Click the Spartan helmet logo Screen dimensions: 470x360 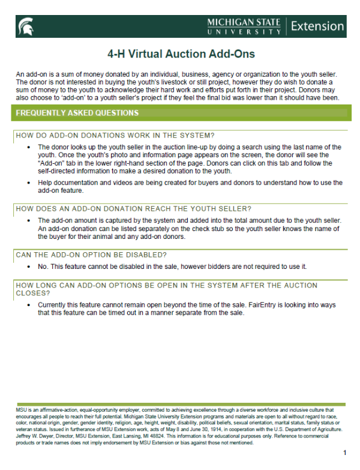[26, 26]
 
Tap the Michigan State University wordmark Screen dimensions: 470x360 [244, 26]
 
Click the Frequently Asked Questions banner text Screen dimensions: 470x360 [77, 113]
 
